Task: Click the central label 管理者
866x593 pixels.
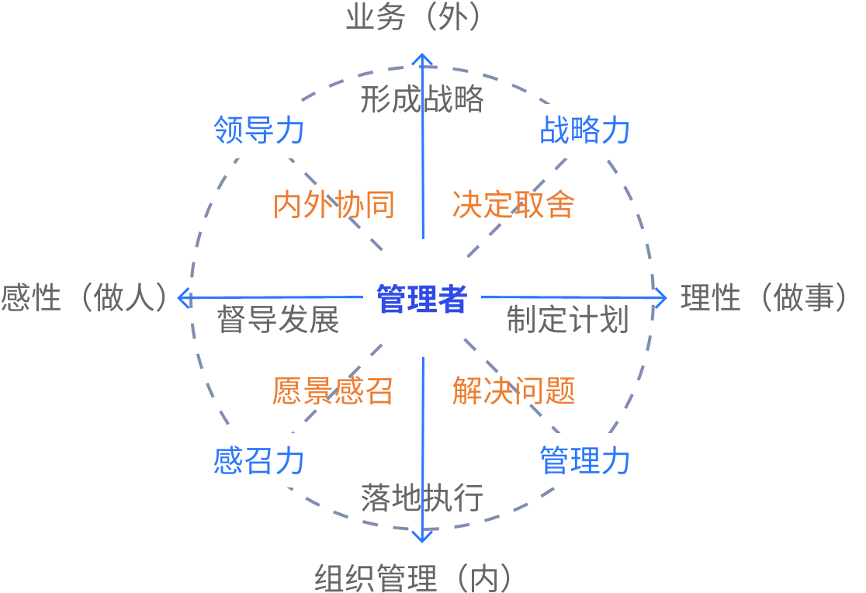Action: [421, 299]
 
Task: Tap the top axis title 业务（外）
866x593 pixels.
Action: [414, 17]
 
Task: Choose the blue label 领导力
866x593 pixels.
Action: [258, 130]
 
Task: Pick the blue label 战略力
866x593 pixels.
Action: [584, 130]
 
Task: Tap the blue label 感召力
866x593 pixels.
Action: [258, 461]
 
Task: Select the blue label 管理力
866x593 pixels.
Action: [584, 461]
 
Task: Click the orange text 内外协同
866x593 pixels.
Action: [334, 206]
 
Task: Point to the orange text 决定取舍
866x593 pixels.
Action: [513, 206]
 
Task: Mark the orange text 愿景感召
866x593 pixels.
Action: [333, 391]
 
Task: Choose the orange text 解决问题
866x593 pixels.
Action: [513, 391]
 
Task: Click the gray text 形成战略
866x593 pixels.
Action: [422, 99]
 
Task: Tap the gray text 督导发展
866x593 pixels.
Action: [279, 320]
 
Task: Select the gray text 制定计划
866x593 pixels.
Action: [567, 320]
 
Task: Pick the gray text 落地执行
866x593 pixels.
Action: [422, 498]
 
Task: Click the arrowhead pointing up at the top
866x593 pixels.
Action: [422, 60]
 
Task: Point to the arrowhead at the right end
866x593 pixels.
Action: [661, 297]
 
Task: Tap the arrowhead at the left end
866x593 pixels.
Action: [183, 297]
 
